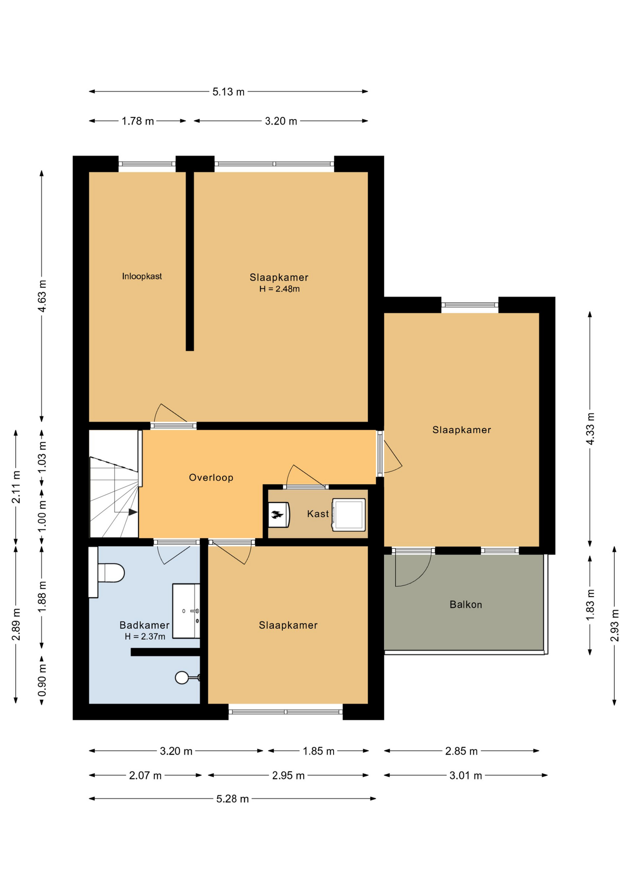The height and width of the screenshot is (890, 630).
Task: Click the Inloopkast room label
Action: (x=142, y=276)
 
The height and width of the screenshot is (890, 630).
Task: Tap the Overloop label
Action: (x=211, y=477)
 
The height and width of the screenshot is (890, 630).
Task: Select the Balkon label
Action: (x=466, y=604)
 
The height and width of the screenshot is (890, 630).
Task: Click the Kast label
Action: (x=318, y=514)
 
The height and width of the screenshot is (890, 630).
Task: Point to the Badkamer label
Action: (x=144, y=625)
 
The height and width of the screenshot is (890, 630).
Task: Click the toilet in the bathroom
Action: (x=111, y=572)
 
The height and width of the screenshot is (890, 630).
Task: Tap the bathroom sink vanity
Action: (x=186, y=611)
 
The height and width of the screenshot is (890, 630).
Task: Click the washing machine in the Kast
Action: (x=348, y=515)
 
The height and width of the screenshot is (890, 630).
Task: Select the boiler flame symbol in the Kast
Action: (x=277, y=515)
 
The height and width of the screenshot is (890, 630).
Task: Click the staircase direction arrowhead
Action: (x=133, y=512)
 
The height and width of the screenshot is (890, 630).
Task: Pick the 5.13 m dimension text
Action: (x=228, y=92)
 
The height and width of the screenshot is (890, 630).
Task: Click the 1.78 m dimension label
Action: (x=138, y=121)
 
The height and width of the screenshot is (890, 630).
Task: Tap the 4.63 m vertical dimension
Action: (x=42, y=296)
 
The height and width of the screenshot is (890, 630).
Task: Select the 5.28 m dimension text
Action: (x=232, y=799)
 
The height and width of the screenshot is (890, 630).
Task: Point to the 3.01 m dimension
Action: (x=466, y=775)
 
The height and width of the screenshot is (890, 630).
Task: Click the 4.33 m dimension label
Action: (x=590, y=429)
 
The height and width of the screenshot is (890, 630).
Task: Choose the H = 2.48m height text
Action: (x=279, y=289)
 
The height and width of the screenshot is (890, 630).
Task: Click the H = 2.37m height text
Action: (x=145, y=636)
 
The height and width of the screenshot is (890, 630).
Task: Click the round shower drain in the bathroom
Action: (x=182, y=678)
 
